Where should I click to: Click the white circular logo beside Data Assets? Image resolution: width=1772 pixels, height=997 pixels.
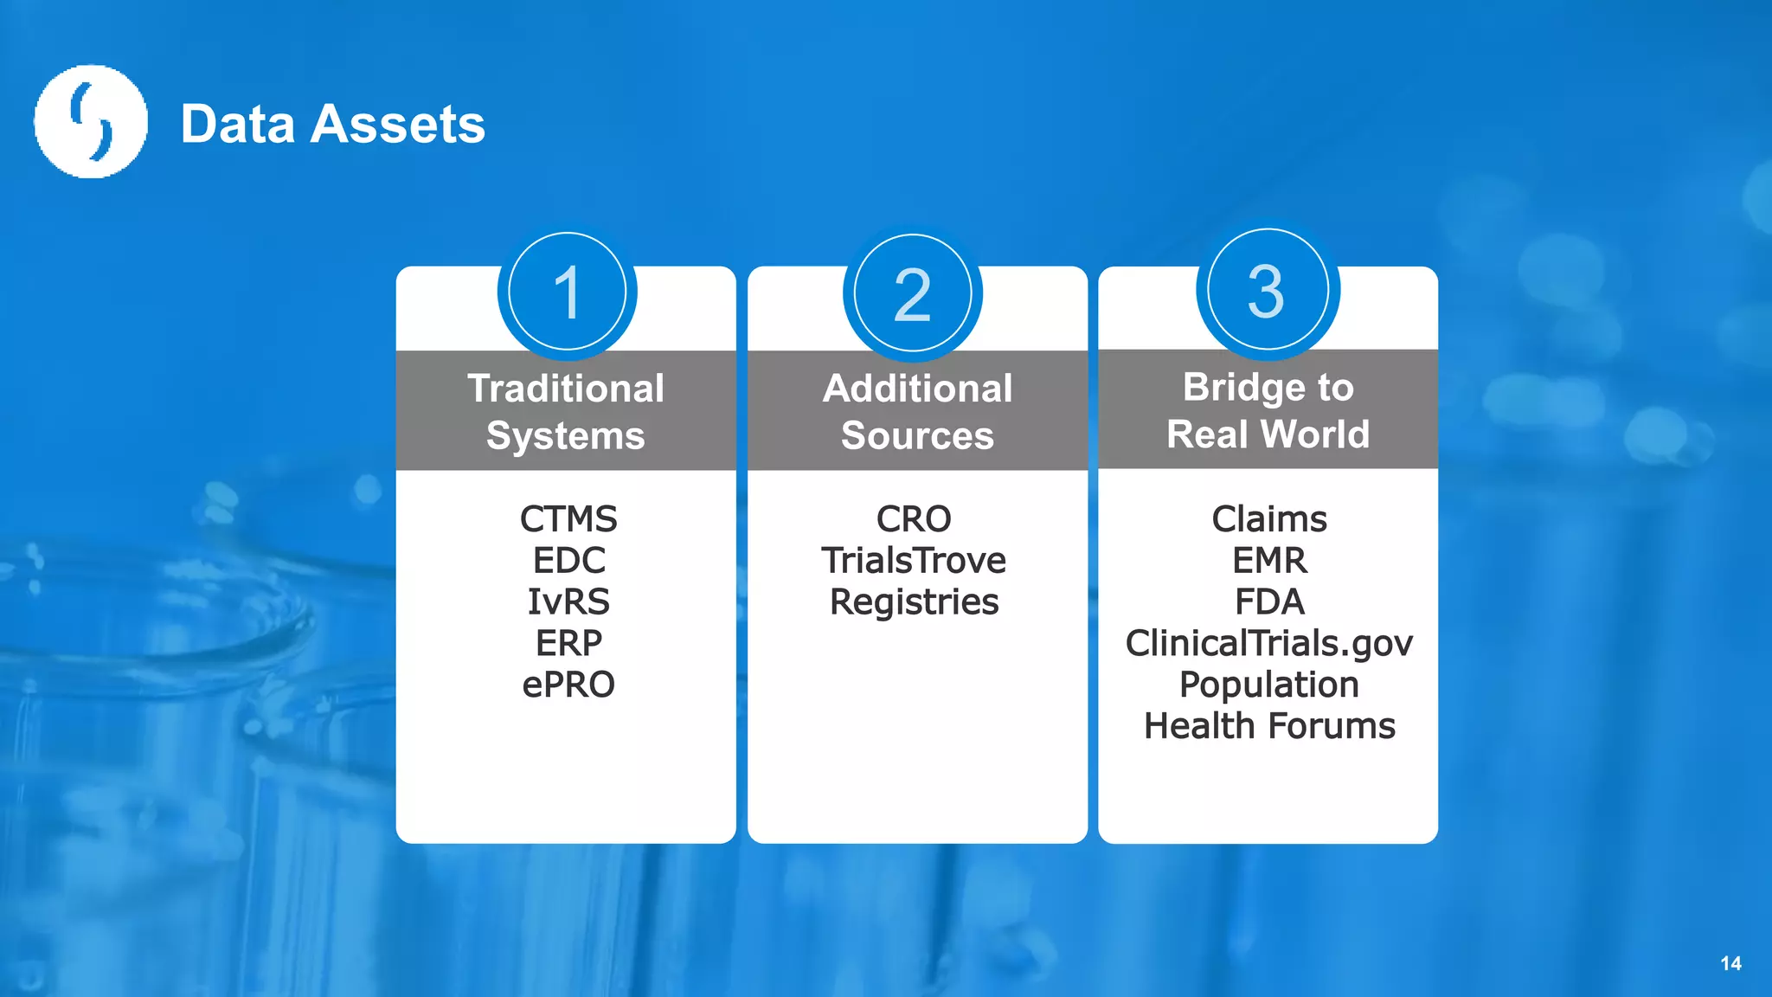(91, 122)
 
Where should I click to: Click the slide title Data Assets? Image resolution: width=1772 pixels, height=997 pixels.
(333, 124)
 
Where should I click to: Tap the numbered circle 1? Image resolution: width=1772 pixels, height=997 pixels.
(568, 293)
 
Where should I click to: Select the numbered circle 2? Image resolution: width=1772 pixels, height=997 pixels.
(913, 294)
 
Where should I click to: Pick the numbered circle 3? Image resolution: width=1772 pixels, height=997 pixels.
(1268, 291)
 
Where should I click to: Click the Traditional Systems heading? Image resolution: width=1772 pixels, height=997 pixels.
(566, 411)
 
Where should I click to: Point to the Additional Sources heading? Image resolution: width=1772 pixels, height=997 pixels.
(917, 411)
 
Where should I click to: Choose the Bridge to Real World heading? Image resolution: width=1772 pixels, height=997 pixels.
(1268, 410)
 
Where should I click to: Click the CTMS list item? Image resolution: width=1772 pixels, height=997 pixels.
(568, 519)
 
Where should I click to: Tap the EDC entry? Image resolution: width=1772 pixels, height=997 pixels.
(568, 561)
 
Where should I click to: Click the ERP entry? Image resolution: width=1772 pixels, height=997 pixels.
(568, 643)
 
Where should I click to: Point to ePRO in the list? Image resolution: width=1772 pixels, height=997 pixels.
(568, 685)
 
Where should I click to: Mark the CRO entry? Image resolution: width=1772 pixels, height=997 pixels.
(914, 519)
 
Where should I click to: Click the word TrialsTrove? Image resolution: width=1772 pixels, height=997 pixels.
(914, 561)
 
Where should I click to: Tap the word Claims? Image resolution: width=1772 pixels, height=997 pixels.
(1269, 519)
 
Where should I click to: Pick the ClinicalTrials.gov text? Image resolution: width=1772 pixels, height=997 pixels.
(1269, 643)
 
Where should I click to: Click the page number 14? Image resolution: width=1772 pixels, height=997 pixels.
(1730, 963)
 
